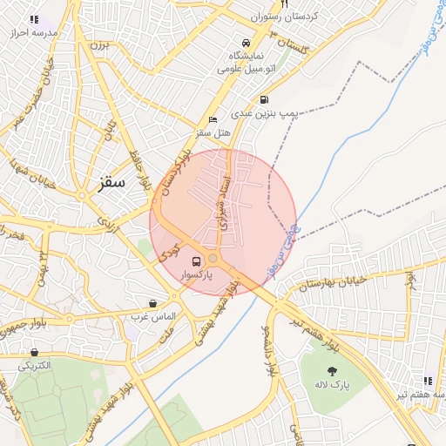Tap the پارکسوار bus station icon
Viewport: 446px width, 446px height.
[x=195, y=260]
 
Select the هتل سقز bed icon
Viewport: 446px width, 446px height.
[x=213, y=120]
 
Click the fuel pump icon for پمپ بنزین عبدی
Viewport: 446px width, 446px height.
[x=264, y=99]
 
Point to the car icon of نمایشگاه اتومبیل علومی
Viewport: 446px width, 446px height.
[x=247, y=42]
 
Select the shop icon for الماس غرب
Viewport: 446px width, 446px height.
[x=153, y=303]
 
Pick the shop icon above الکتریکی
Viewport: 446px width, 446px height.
[x=34, y=353]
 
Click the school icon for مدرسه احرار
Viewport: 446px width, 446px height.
[x=34, y=19]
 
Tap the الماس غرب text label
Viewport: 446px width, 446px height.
[x=155, y=314]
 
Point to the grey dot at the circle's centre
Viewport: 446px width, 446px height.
[x=213, y=259]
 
